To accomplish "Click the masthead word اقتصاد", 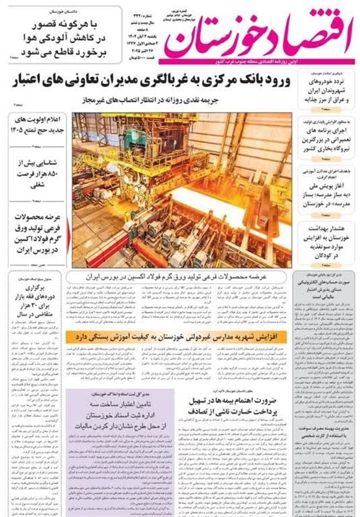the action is pyautogui.click(x=301, y=29).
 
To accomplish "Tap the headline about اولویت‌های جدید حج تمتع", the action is pyautogui.click(x=38, y=125).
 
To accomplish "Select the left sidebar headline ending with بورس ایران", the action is pyautogui.click(x=38, y=236).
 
